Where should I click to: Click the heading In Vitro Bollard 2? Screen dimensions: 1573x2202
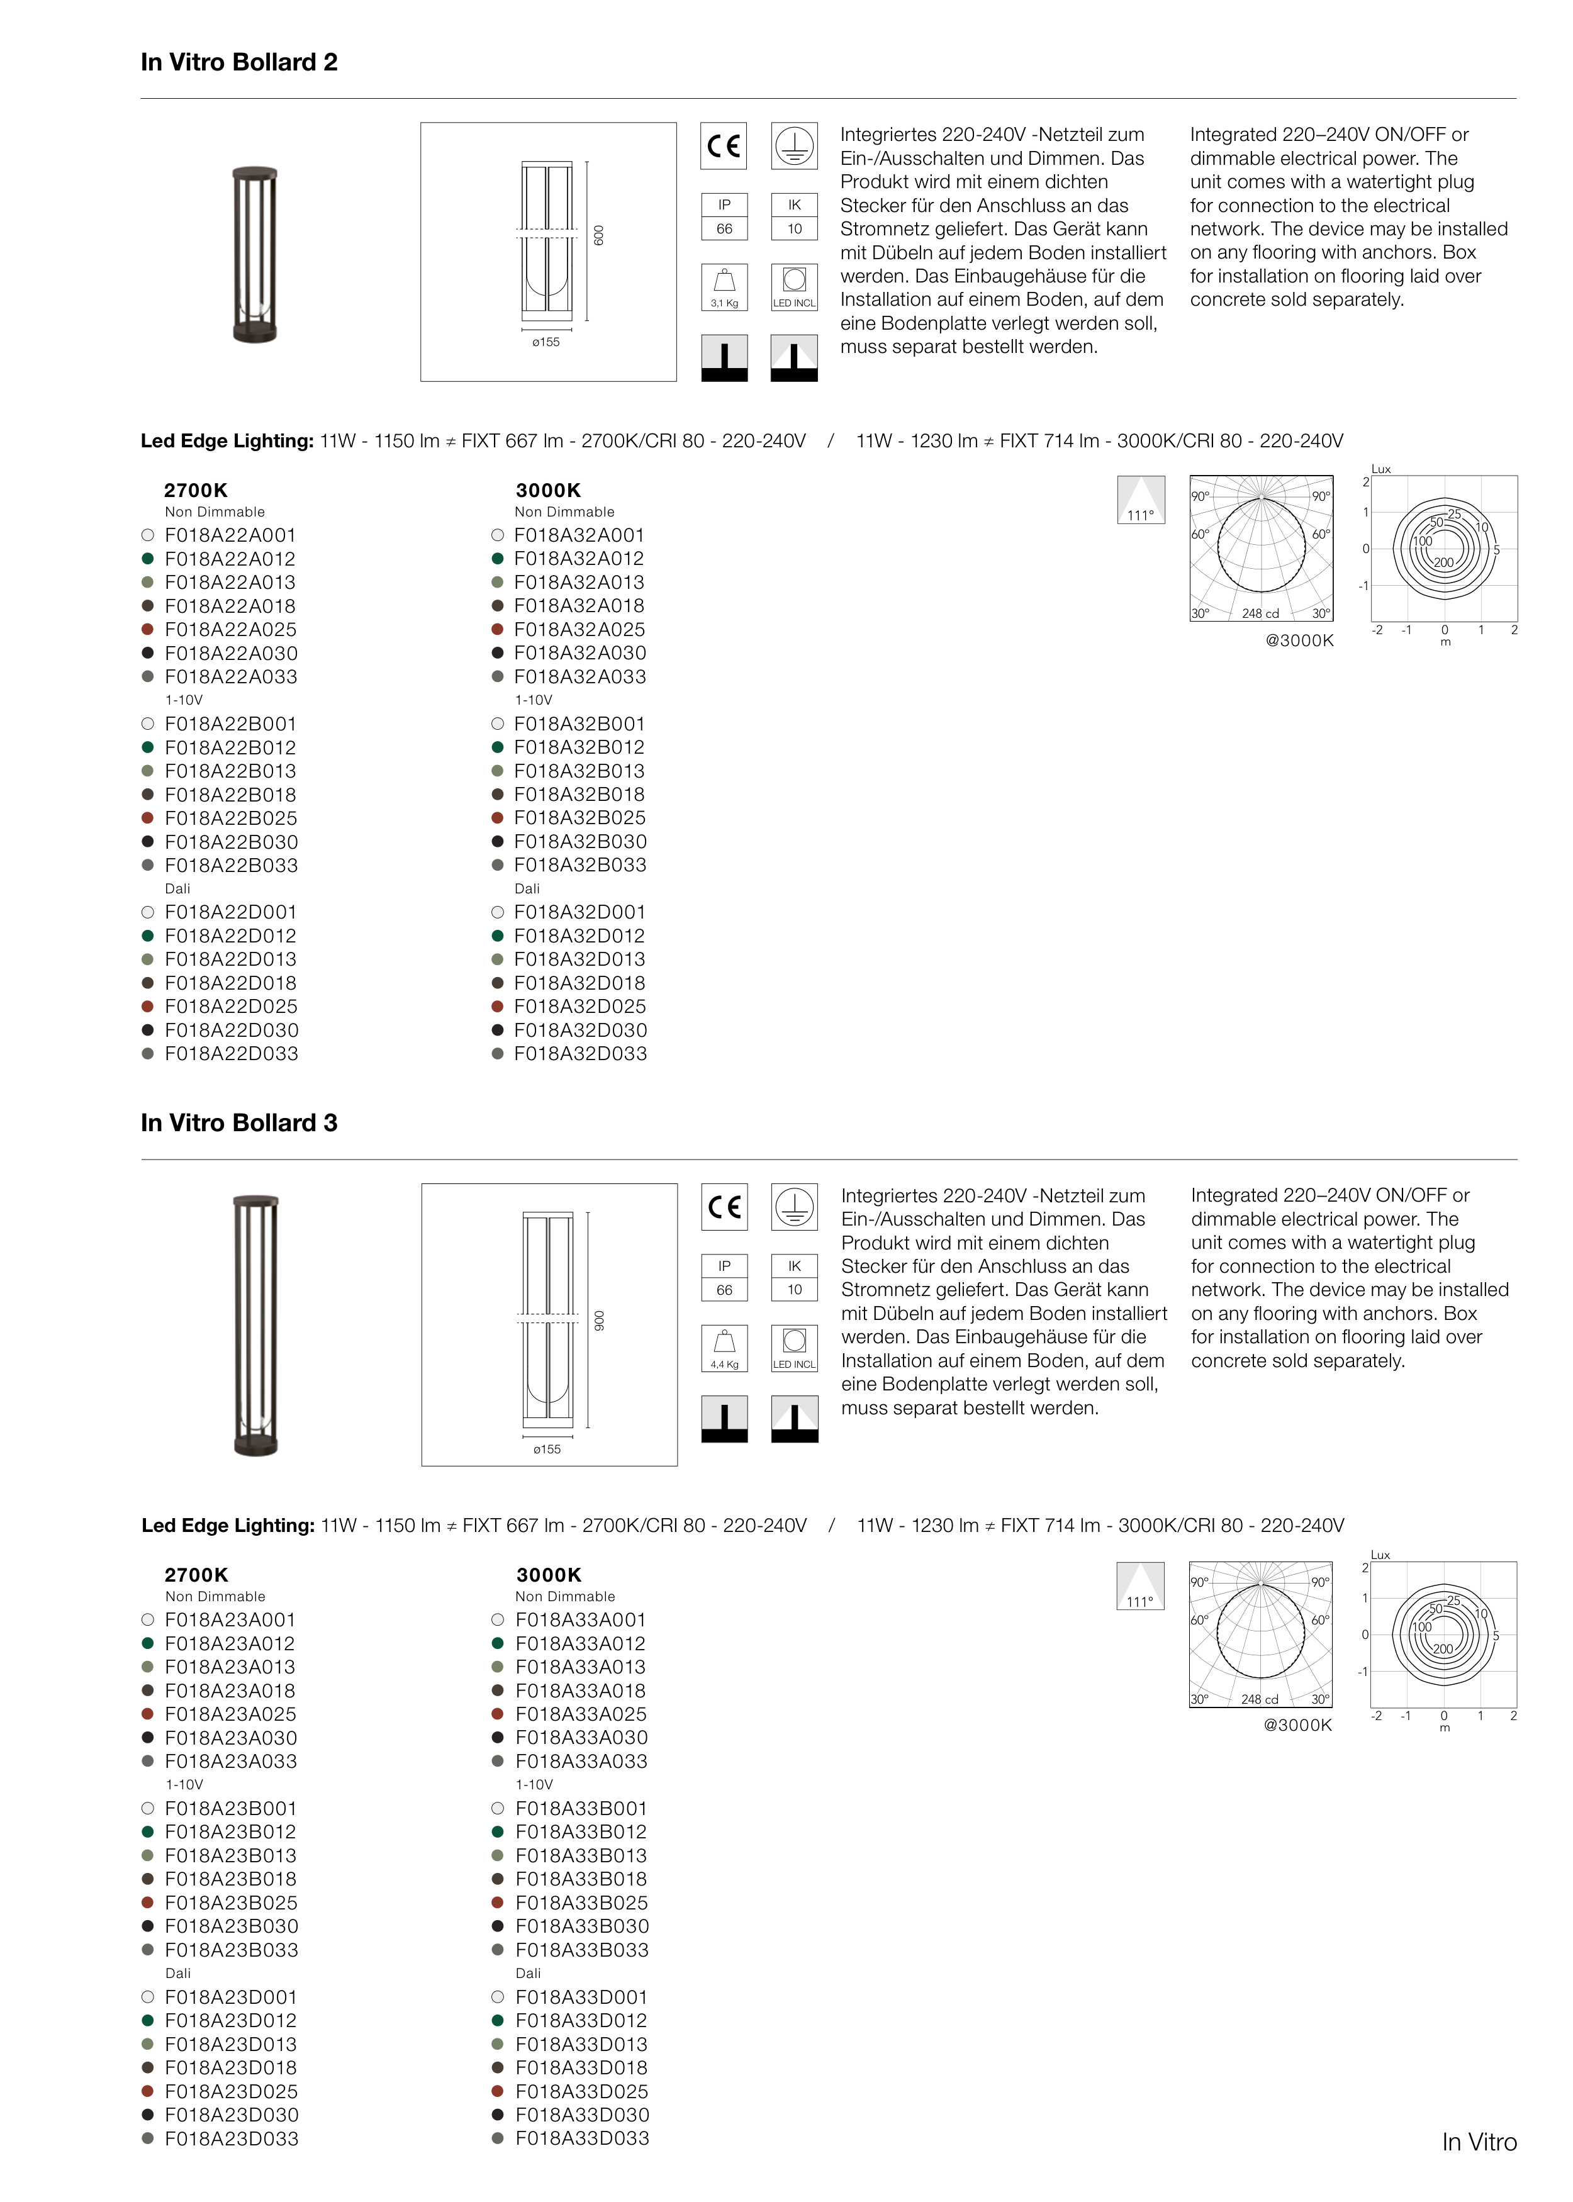tap(239, 63)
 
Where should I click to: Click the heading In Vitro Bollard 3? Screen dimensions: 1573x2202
tap(239, 1123)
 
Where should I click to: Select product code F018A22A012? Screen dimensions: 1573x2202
tap(230, 559)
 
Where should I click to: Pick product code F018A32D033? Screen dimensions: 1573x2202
tap(580, 1054)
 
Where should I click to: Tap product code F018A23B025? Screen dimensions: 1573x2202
tap(232, 1903)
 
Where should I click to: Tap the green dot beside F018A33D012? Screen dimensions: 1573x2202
tap(498, 2021)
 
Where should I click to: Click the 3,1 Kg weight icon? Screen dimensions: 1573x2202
tap(724, 288)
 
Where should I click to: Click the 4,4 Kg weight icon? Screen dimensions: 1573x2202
tap(724, 1348)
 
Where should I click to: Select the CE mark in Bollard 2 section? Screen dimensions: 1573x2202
tap(724, 146)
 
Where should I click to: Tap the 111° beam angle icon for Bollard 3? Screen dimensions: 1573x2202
tap(1140, 1586)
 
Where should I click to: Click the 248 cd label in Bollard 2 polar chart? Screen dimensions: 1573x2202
tap(1260, 614)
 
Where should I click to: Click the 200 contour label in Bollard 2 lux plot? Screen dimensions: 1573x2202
tap(1443, 562)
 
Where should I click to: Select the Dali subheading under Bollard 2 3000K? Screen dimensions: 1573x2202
tap(527, 889)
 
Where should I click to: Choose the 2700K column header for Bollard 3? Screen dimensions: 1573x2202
tap(196, 1575)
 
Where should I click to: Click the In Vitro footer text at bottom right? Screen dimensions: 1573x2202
tap(1479, 2142)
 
